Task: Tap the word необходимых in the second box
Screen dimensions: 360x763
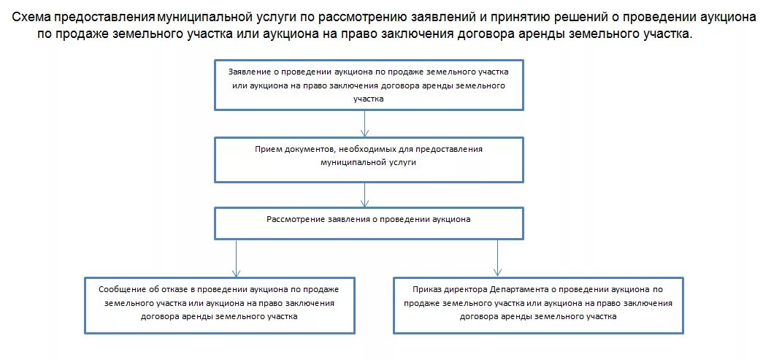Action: tap(367, 149)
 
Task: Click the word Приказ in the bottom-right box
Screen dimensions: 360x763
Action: tap(428, 288)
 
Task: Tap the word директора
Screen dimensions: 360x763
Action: tap(469, 288)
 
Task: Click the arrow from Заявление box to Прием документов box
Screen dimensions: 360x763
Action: tap(365, 123)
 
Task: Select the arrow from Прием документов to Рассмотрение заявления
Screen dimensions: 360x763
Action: tap(365, 195)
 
